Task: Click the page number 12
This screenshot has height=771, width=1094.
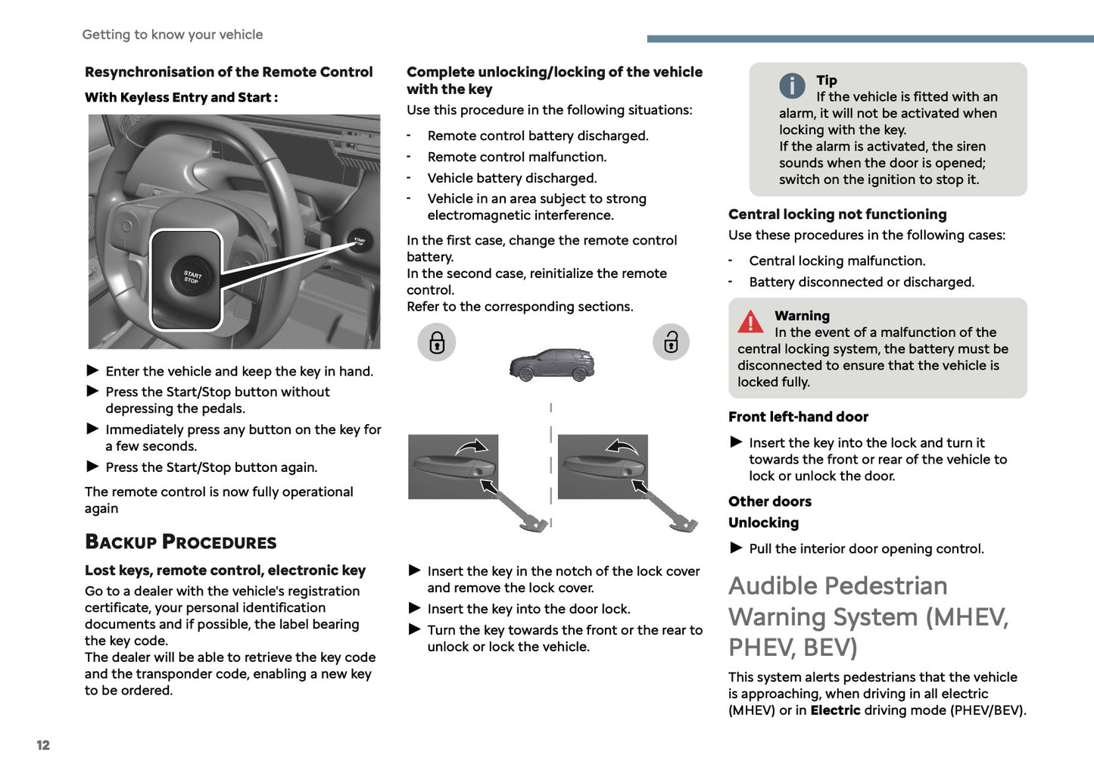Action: (43, 745)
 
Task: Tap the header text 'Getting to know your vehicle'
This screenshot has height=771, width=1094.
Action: (173, 35)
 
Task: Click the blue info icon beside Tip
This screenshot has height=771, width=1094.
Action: (792, 86)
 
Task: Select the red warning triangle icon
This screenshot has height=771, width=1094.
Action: (750, 322)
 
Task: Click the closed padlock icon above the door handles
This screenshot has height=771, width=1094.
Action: (437, 342)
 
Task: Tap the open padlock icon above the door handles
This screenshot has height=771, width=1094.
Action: (671, 342)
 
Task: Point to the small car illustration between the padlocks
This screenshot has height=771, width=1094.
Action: (552, 365)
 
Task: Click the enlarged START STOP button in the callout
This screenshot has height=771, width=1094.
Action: (190, 278)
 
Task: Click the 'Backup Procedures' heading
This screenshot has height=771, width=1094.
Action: (181, 542)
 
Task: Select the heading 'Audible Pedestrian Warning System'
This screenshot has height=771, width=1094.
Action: (868, 616)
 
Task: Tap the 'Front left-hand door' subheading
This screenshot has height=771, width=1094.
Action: (798, 417)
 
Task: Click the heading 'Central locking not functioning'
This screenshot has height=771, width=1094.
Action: (837, 214)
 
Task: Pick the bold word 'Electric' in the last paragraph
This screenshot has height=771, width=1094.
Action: (835, 710)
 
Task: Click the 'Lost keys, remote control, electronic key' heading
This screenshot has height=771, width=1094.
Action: (225, 570)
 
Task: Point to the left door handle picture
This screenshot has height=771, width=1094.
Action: (453, 467)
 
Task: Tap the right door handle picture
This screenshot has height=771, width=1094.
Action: (603, 467)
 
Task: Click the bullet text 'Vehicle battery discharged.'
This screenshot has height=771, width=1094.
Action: (512, 178)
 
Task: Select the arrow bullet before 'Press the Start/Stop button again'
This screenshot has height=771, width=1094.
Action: (92, 467)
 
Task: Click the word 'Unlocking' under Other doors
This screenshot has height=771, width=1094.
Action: (763, 523)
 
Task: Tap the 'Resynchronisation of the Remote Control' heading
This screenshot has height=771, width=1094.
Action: (229, 72)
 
